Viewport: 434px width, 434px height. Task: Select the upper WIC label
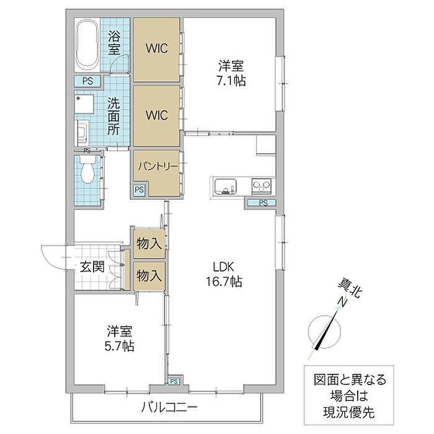click(x=156, y=49)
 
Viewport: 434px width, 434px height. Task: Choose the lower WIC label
click(x=156, y=115)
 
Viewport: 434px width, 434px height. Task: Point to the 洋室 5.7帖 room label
click(x=117, y=339)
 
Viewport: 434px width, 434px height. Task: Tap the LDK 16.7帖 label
click(x=224, y=274)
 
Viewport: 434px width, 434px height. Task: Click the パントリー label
click(x=157, y=167)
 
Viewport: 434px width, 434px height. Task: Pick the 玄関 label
click(x=92, y=268)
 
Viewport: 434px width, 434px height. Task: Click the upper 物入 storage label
click(x=149, y=243)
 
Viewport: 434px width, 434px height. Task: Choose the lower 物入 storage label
click(x=149, y=273)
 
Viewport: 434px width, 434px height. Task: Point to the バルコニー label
click(x=169, y=407)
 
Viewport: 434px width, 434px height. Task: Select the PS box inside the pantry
click(x=139, y=190)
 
